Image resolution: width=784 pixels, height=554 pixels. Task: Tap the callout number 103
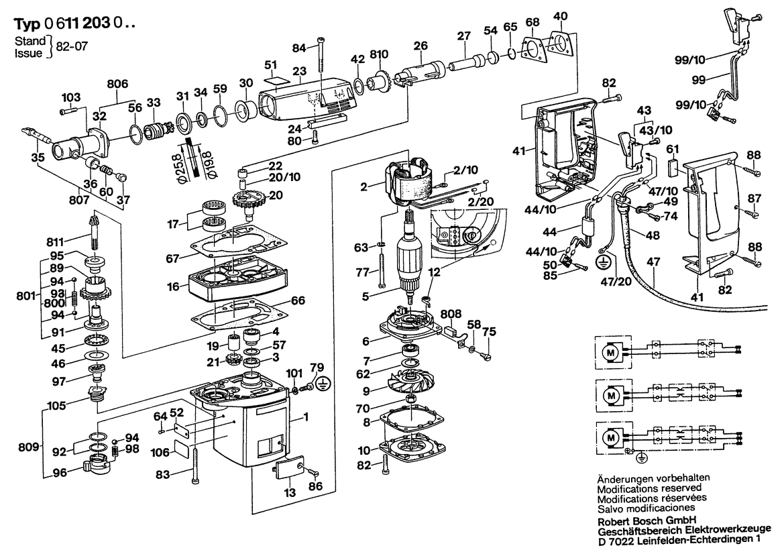(71, 97)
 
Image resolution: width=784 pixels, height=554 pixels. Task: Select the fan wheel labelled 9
(412, 388)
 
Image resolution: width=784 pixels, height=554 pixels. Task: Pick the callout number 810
(379, 53)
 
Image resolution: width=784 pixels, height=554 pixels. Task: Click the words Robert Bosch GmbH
(639, 519)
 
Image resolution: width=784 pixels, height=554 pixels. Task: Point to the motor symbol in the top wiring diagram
(611, 351)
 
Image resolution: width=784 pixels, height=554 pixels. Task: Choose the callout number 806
(117, 84)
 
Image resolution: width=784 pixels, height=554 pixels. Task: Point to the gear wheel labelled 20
(247, 199)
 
